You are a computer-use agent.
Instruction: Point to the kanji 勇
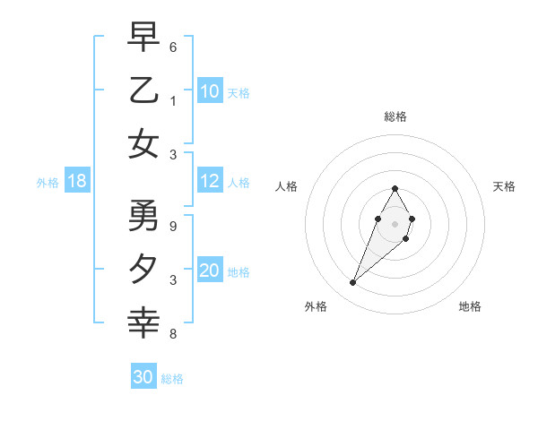143,215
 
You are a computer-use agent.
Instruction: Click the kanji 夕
143,269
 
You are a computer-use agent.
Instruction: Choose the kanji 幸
143,322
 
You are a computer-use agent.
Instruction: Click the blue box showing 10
210,91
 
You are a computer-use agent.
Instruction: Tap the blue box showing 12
210,182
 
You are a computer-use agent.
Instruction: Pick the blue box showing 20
210,271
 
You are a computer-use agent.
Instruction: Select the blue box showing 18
77,182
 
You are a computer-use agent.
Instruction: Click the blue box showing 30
143,377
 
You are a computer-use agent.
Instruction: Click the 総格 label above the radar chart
395,116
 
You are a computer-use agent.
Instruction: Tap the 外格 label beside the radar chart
316,306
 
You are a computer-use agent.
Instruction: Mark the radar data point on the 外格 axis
352,283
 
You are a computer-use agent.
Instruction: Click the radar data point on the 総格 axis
395,188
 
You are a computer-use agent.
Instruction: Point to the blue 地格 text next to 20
239,272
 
